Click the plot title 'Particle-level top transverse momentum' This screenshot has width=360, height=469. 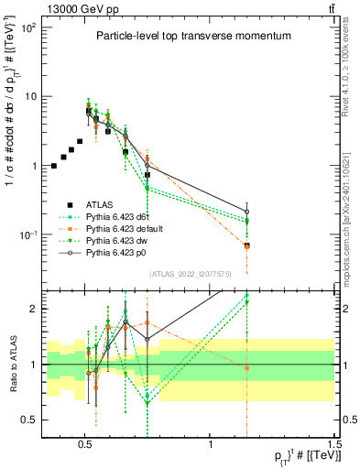pyautogui.click(x=193, y=36)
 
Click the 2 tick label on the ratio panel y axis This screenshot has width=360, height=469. pyautogui.click(x=33, y=309)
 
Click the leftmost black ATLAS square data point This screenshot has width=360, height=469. pyautogui.click(x=54, y=166)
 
